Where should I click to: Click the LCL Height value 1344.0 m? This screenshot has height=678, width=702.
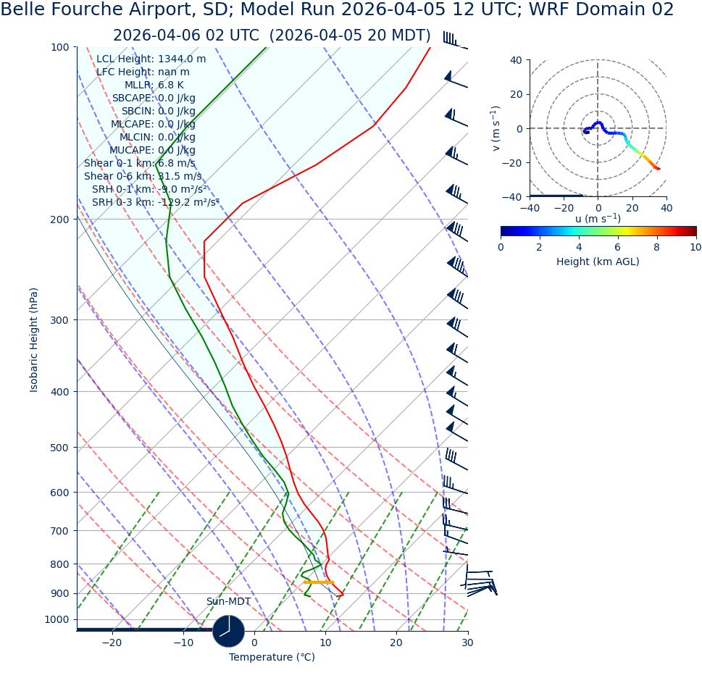(x=182, y=59)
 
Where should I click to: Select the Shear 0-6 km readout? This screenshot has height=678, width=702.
(x=143, y=176)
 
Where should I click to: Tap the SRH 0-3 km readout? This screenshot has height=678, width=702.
(x=155, y=202)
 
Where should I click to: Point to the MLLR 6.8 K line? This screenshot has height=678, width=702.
(x=154, y=85)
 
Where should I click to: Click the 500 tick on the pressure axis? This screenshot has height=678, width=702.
(x=59, y=448)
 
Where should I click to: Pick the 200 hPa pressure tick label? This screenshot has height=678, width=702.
(x=59, y=219)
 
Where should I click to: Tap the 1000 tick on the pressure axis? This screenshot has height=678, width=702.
(x=57, y=619)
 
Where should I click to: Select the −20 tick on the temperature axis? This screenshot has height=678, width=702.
(x=112, y=643)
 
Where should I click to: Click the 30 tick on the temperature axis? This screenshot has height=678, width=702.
(x=467, y=643)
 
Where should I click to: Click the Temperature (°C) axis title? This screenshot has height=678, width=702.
(x=272, y=658)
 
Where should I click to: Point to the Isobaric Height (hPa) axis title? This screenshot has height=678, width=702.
(x=34, y=340)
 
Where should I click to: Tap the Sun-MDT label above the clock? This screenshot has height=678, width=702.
(x=228, y=602)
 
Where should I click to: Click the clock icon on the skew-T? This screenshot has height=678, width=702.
(x=228, y=631)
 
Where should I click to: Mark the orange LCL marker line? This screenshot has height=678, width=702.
(x=318, y=582)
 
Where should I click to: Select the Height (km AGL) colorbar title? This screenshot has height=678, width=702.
(x=598, y=261)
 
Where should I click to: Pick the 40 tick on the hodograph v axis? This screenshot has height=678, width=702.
(x=516, y=60)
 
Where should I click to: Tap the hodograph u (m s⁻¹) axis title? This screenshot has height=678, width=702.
(x=598, y=219)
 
